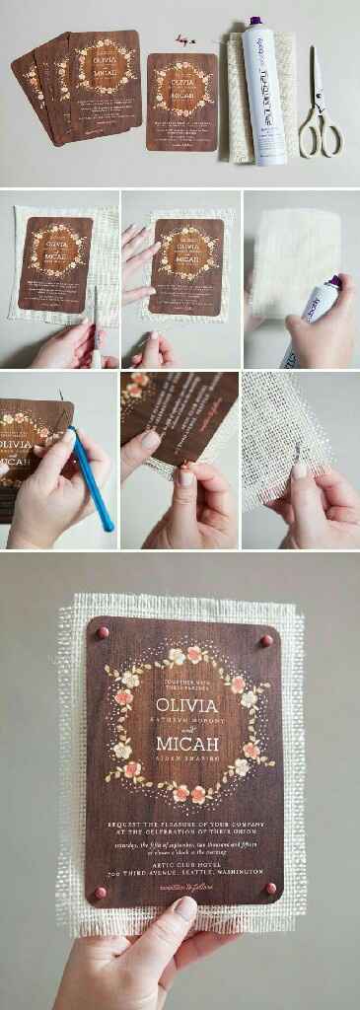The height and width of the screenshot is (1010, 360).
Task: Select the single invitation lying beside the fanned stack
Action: [181, 102]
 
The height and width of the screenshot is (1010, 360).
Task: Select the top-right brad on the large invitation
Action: [266, 641]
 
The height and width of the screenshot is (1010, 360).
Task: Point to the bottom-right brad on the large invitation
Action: [270, 889]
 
